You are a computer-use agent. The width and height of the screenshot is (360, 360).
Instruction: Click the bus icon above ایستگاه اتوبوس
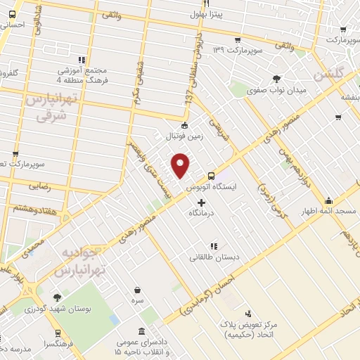pyautogui.click(x=211, y=176)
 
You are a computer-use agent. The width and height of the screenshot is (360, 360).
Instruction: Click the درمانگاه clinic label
pyautogui.click(x=203, y=212)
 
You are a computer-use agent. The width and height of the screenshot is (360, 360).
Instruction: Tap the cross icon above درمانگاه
pyautogui.click(x=202, y=202)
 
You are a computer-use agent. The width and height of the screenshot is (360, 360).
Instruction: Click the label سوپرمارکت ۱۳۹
pyautogui.click(x=238, y=50)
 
